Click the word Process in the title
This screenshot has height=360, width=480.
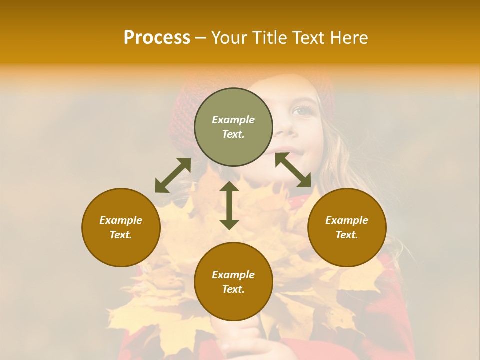157,38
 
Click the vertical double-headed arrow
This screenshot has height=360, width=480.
229,205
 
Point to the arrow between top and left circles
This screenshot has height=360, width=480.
173,175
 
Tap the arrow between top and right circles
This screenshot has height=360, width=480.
293,170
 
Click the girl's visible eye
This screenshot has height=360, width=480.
301,110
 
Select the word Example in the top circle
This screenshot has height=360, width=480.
233,120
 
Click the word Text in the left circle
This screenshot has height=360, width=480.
121,235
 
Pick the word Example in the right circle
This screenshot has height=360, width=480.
347,220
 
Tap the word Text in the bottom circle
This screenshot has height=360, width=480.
233,289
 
